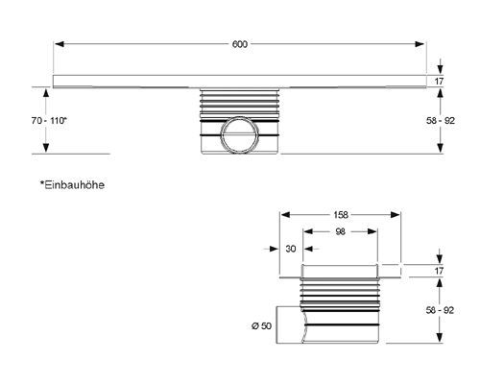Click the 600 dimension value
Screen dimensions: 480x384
(x=240, y=44)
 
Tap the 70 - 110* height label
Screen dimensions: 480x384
(x=49, y=121)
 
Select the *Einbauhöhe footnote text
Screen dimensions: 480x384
(x=72, y=185)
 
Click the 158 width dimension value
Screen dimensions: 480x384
(x=341, y=215)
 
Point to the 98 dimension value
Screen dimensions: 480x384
(x=340, y=231)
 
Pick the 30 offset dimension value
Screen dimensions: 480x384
(x=291, y=249)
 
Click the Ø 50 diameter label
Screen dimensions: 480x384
(x=261, y=326)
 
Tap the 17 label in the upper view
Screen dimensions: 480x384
(x=439, y=82)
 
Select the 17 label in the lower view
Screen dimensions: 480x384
(x=439, y=271)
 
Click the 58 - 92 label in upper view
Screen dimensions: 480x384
(x=441, y=121)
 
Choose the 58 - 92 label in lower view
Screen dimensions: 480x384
(x=440, y=310)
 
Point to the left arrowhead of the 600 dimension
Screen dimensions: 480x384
(x=60, y=44)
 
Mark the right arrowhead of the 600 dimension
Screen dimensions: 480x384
(x=420, y=44)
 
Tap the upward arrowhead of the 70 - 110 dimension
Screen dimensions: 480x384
(x=46, y=92)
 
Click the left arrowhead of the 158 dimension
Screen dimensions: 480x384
(x=285, y=215)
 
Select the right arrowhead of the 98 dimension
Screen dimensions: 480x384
(x=372, y=231)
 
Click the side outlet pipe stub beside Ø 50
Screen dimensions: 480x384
(x=290, y=325)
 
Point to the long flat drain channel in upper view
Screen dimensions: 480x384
(x=240, y=82)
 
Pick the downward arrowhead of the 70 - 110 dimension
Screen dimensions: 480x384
(x=46, y=148)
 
